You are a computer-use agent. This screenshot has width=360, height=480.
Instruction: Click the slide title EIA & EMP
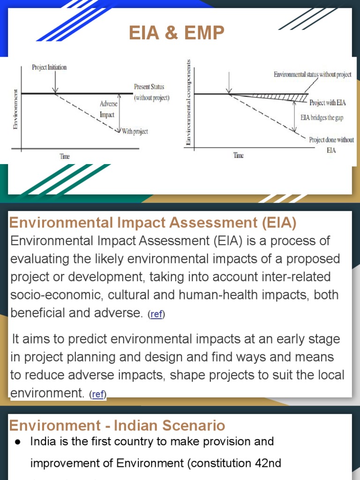click(177, 33)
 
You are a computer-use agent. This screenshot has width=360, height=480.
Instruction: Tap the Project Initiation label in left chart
click(49, 67)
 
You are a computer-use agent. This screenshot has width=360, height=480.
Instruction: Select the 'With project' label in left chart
click(135, 132)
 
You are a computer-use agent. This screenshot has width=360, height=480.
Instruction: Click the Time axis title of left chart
click(64, 157)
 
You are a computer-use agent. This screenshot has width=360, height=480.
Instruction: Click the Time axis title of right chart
click(239, 156)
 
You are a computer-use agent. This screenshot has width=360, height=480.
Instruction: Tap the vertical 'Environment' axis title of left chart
click(16, 109)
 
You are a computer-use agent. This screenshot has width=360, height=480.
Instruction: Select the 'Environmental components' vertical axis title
click(188, 102)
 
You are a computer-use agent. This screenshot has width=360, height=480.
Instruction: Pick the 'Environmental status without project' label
click(312, 75)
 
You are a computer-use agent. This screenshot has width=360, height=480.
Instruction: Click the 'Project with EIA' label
click(327, 102)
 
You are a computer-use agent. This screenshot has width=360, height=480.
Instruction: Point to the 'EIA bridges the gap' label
click(322, 118)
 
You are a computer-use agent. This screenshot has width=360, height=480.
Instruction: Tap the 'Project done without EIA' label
click(331, 140)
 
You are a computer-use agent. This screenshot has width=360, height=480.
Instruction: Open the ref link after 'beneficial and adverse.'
click(156, 315)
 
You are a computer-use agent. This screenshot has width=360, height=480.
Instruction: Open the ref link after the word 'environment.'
click(98, 395)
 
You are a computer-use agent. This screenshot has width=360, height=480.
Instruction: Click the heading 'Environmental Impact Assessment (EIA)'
click(153, 223)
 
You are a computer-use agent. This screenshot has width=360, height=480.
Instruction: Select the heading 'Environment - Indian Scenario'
click(117, 426)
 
